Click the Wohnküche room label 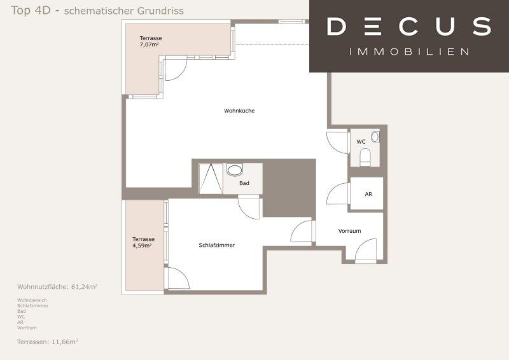click(239, 111)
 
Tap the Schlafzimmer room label click(216, 245)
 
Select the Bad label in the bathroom click(244, 183)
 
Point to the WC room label click(361, 142)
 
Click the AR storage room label click(368, 194)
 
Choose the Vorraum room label click(349, 231)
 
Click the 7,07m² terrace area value click(150, 45)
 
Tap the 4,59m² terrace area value click(142, 246)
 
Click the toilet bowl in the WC click(365, 156)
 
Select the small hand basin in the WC click(375, 137)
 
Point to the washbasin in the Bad click(234, 170)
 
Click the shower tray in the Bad click(211, 179)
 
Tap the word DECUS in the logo click(408, 26)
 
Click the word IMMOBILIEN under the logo click(409, 52)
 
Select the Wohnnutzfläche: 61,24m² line click(57, 287)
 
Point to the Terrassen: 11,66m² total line click(47, 342)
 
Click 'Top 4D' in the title click(31, 10)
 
